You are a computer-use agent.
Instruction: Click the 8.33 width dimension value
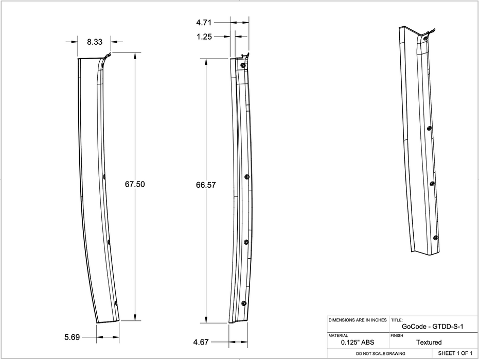[94, 42]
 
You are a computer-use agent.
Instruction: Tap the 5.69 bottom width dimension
[73, 337]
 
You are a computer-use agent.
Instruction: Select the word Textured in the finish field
[429, 342]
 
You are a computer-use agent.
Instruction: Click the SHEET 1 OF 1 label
[455, 354]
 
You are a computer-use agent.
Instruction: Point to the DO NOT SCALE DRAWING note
[381, 354]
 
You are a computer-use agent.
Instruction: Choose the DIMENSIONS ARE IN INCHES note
[357, 320]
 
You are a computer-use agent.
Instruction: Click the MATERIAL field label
[338, 335]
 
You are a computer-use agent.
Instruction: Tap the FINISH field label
[397, 335]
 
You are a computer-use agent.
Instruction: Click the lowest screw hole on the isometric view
[435, 237]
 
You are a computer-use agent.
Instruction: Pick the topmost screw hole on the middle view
[243, 65]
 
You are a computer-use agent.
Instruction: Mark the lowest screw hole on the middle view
[244, 303]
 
